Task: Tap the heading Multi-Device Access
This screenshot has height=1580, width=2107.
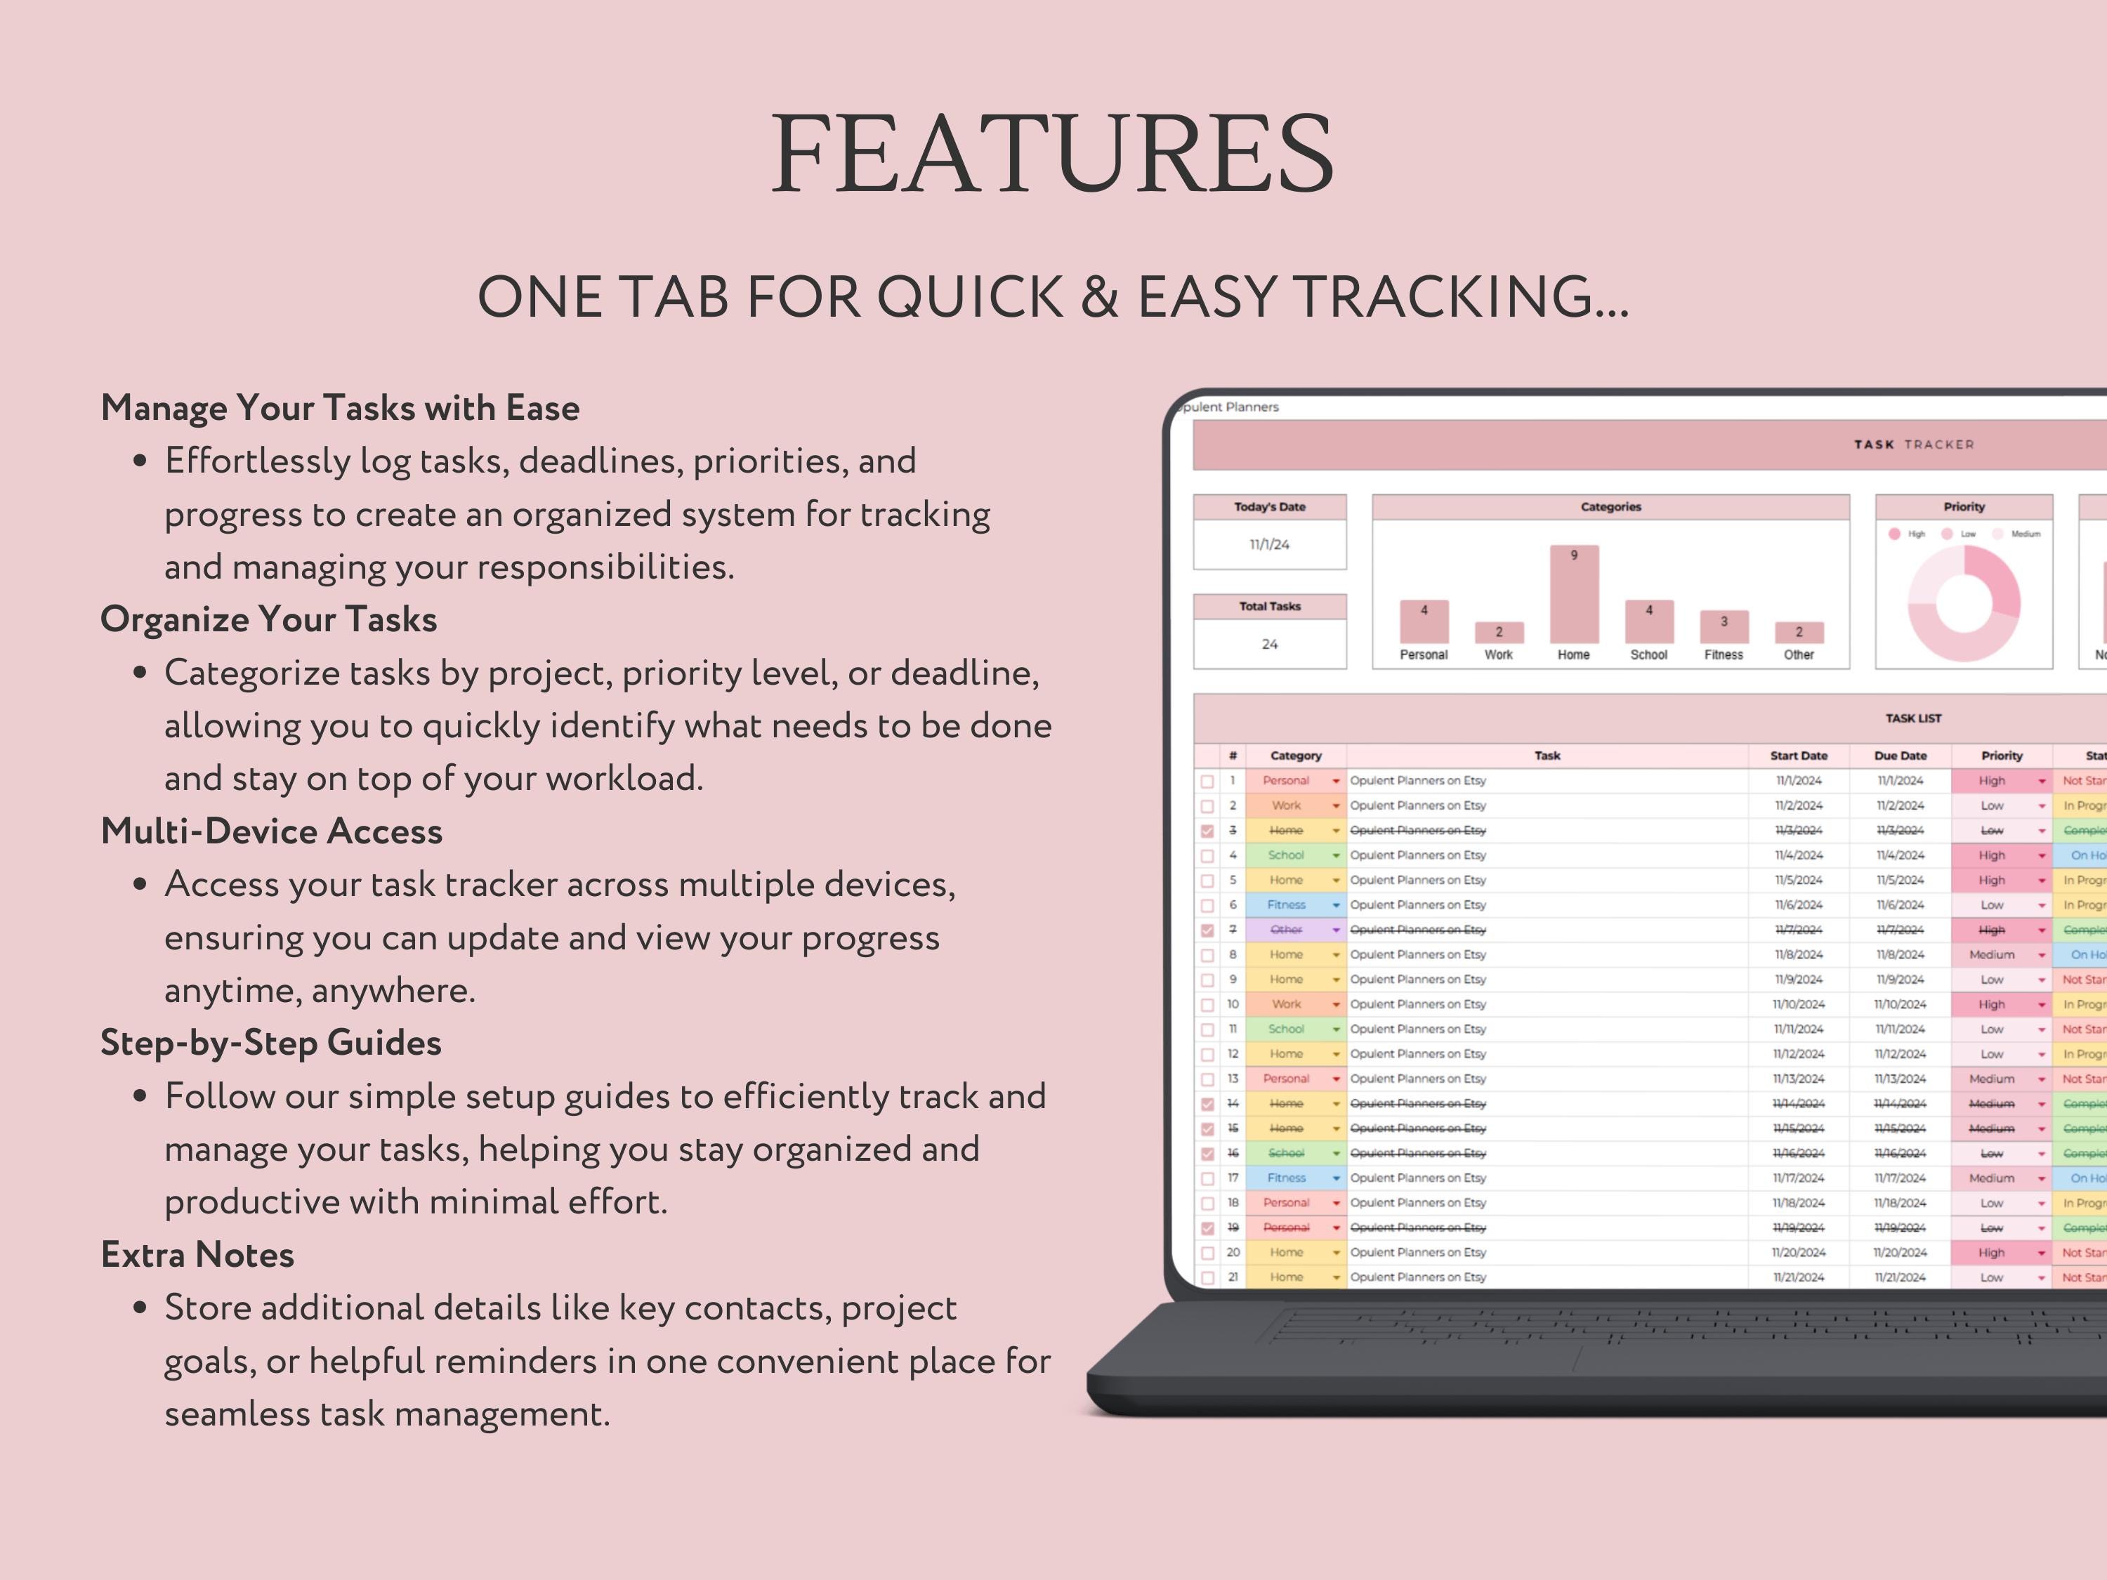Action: (272, 831)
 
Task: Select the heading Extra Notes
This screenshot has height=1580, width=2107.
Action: (197, 1256)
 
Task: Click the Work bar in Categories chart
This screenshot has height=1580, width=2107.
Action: (1498, 633)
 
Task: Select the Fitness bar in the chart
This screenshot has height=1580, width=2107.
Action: (1723, 626)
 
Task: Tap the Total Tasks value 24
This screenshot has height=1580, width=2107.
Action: (1270, 645)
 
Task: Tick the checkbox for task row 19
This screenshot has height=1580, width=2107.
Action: (1208, 1229)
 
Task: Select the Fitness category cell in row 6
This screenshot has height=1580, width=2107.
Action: (1287, 904)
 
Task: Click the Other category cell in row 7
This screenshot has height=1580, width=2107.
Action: (1287, 930)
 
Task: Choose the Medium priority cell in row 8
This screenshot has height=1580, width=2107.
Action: (1992, 955)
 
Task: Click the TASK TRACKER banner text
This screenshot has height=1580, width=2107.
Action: (1914, 445)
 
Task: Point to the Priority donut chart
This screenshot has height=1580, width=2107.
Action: (1963, 604)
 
